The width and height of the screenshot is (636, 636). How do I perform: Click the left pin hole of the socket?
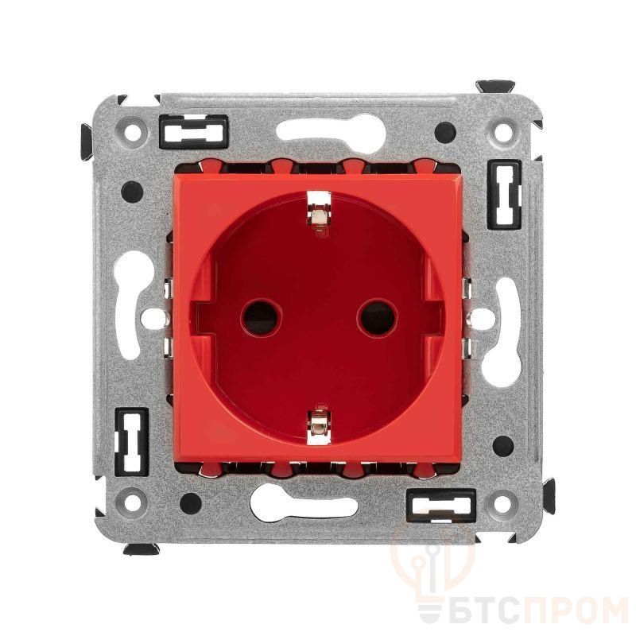point(261,317)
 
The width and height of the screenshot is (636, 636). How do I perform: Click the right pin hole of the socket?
point(378,317)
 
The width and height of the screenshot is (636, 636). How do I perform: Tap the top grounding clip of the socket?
point(319,213)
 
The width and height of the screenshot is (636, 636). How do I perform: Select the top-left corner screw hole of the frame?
point(133,131)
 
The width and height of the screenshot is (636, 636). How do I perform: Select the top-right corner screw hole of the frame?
point(503,131)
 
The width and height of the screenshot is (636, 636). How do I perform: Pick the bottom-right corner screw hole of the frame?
point(503,503)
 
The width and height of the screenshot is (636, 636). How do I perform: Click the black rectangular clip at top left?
point(194,131)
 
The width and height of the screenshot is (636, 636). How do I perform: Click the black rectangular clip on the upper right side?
point(504,195)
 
